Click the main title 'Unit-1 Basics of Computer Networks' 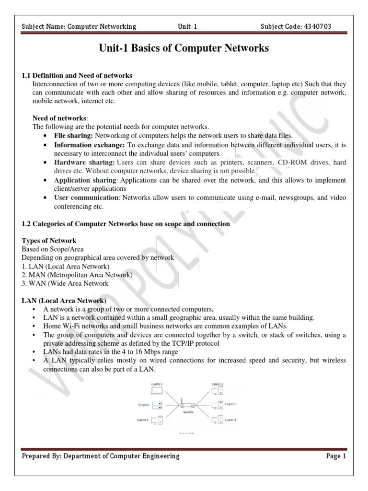[x=184, y=48]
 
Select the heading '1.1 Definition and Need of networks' [x=77, y=76]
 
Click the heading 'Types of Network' [x=49, y=240]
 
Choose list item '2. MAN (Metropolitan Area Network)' [x=77, y=275]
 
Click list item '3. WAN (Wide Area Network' [x=65, y=283]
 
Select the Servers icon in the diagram [x=157, y=405]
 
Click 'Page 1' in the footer [x=336, y=456]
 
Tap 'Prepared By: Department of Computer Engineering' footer [x=101, y=456]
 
